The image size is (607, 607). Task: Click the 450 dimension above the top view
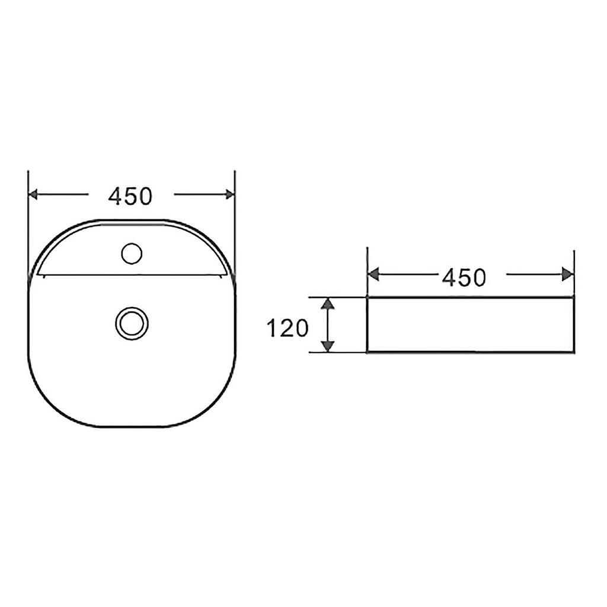coord(130,196)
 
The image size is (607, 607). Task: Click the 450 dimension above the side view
coord(464,277)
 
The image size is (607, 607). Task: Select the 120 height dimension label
coord(288,327)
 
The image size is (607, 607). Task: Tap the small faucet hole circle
coord(132,254)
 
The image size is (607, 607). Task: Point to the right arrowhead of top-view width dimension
coord(229,194)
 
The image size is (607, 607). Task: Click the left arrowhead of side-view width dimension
coord(373,274)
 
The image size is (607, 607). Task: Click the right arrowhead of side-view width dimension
coord(568,274)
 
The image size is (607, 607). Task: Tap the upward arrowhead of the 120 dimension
coord(328,304)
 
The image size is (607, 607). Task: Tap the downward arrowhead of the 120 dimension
coord(328,345)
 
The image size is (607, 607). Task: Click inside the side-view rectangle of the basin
coord(470,325)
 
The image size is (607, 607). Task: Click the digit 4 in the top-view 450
coord(116,196)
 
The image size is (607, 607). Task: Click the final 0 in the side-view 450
coord(479,277)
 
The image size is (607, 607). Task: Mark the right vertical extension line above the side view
coord(574,261)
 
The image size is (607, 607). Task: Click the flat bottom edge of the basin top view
coord(132,427)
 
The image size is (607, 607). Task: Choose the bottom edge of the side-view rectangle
coord(470,352)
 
